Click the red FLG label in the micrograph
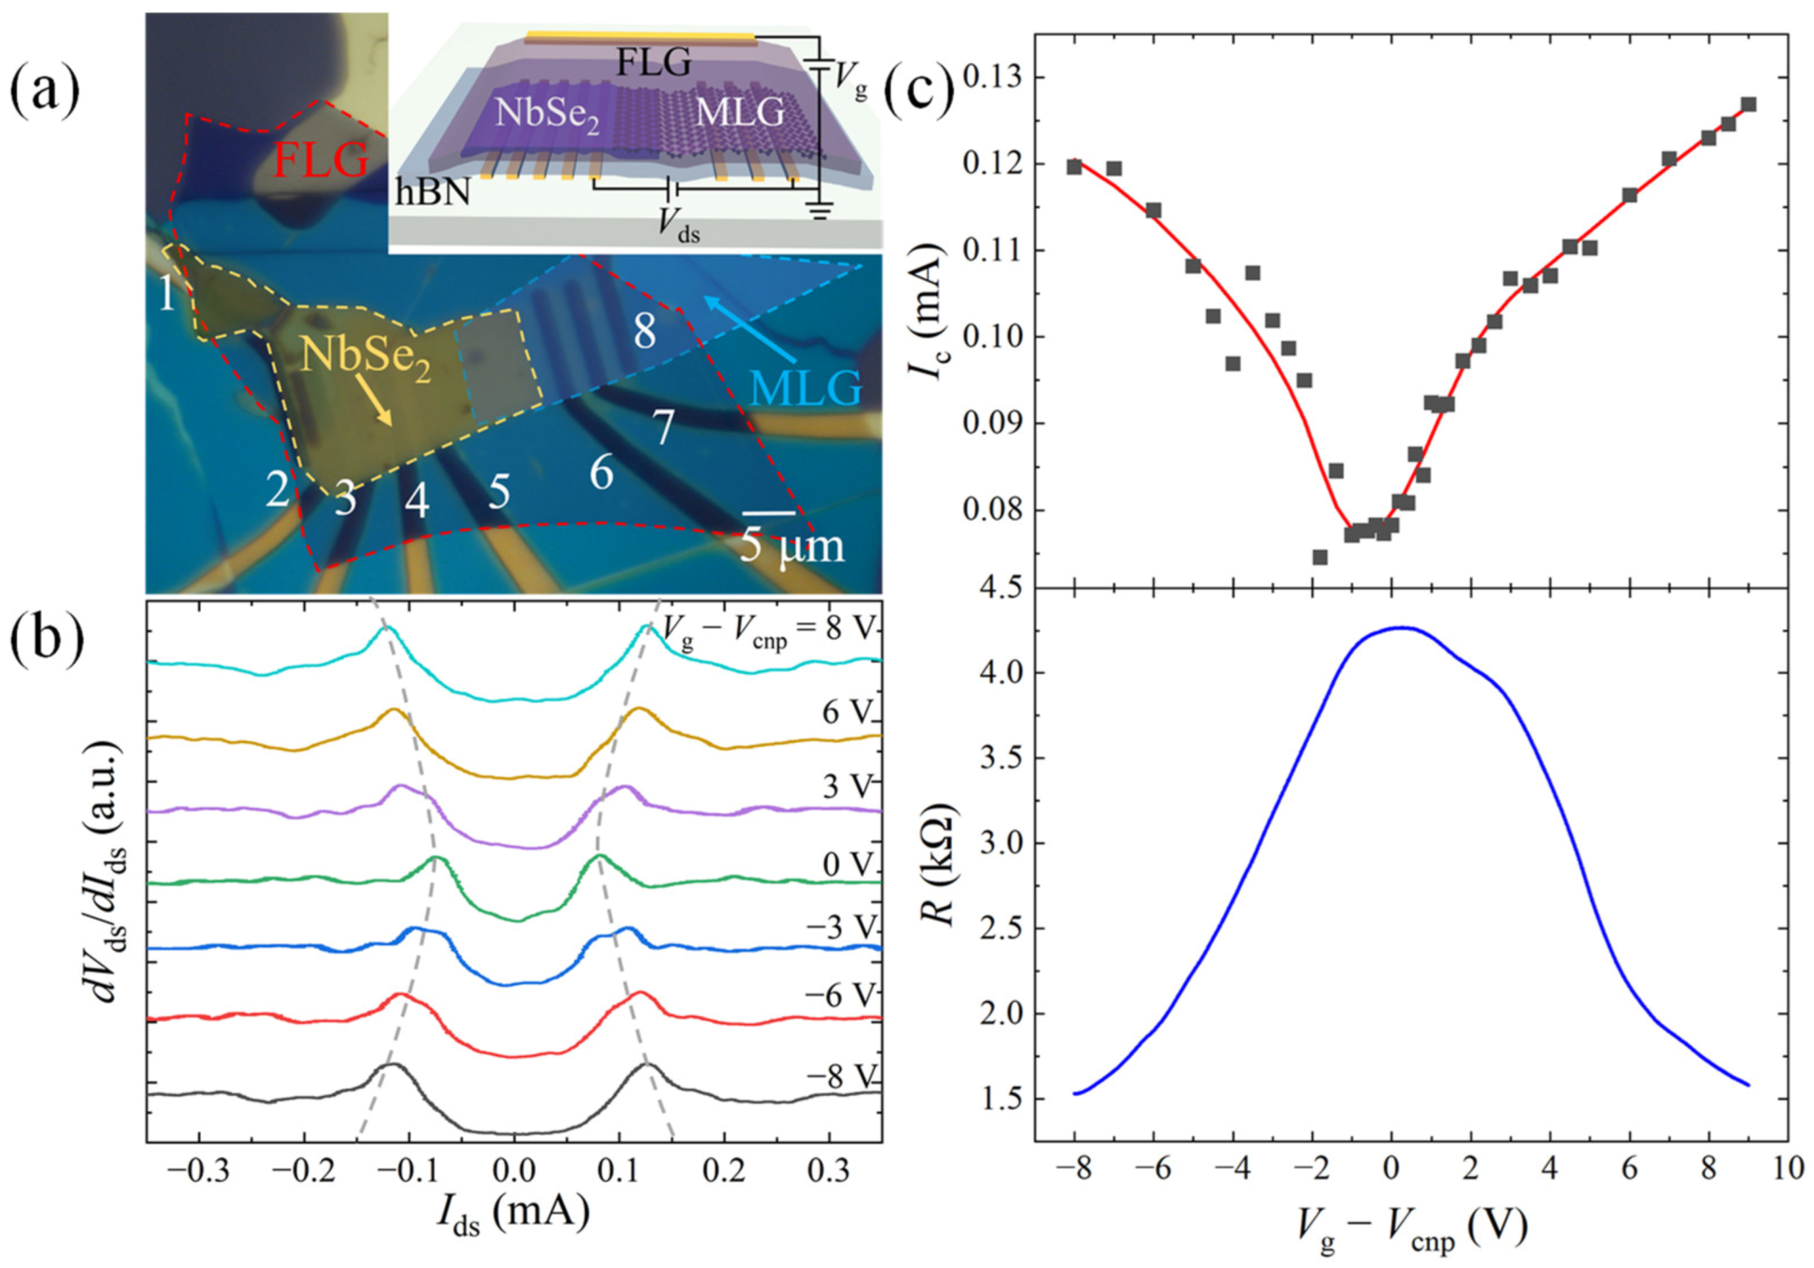pos(320,159)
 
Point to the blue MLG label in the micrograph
pos(807,387)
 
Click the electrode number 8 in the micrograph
pos(645,331)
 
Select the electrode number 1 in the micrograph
pos(167,293)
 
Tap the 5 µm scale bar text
pos(790,546)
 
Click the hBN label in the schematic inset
pos(432,193)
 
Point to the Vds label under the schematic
pos(679,224)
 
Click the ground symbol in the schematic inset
pos(820,211)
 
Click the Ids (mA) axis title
pos(513,1214)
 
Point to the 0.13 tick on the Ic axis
pos(992,78)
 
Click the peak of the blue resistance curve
pos(1403,627)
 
